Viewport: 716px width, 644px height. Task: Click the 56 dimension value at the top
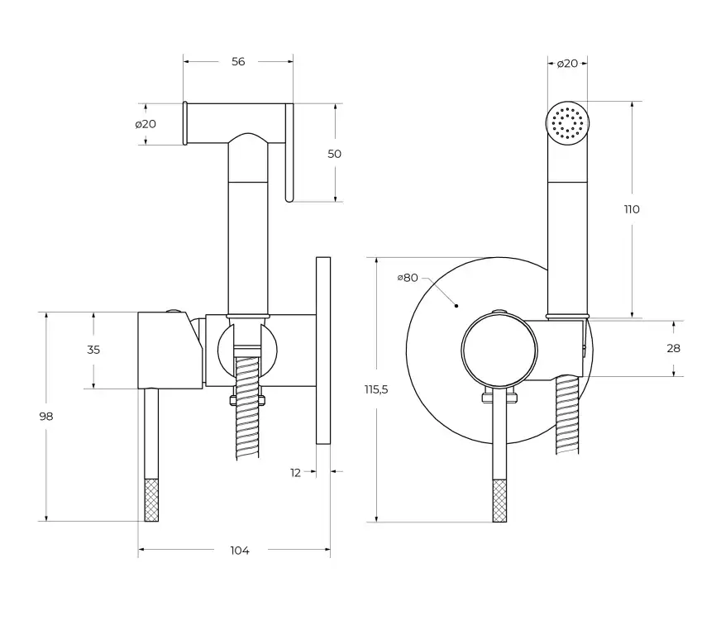(x=238, y=62)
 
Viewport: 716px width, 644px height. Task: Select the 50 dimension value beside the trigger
(x=334, y=154)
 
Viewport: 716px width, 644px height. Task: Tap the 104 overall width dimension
(x=240, y=550)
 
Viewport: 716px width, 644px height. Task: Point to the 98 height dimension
(x=46, y=417)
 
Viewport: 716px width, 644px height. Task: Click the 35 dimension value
(x=93, y=350)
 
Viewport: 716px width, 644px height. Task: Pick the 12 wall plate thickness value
(x=296, y=472)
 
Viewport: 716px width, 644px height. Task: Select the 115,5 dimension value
(x=376, y=389)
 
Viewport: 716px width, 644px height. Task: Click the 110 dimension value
(x=632, y=209)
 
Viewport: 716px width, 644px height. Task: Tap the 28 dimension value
(x=674, y=348)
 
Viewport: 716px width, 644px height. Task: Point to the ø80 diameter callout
(x=408, y=278)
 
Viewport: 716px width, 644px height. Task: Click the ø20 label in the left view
(x=146, y=124)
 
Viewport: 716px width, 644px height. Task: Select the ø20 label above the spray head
(x=567, y=64)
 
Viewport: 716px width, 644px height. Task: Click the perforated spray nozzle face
(x=567, y=123)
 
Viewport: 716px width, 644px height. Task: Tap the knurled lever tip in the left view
(x=151, y=499)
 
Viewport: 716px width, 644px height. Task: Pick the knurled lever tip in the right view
(x=499, y=500)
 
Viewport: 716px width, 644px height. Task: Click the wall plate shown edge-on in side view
(x=323, y=351)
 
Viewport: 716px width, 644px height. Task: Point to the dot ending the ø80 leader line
(x=456, y=306)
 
